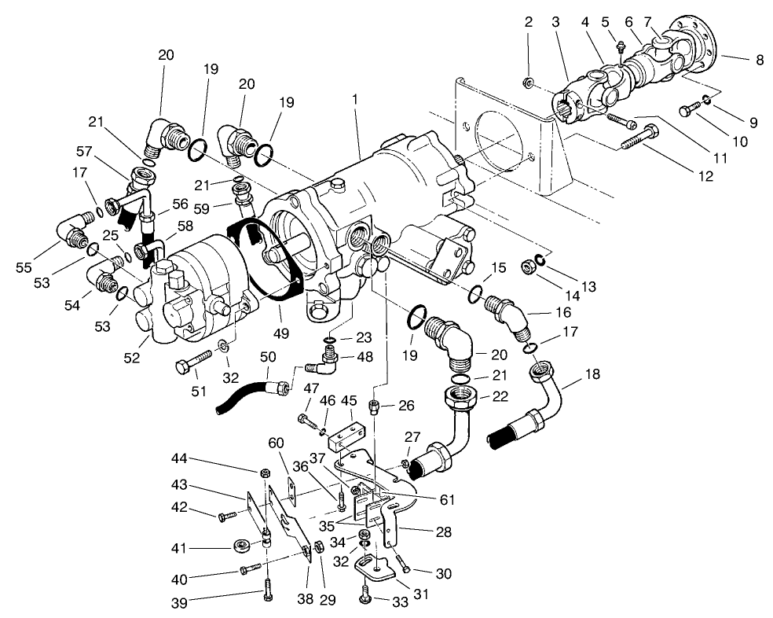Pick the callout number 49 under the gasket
pos(280,333)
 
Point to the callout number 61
pos(448,498)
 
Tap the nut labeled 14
pos(529,267)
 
